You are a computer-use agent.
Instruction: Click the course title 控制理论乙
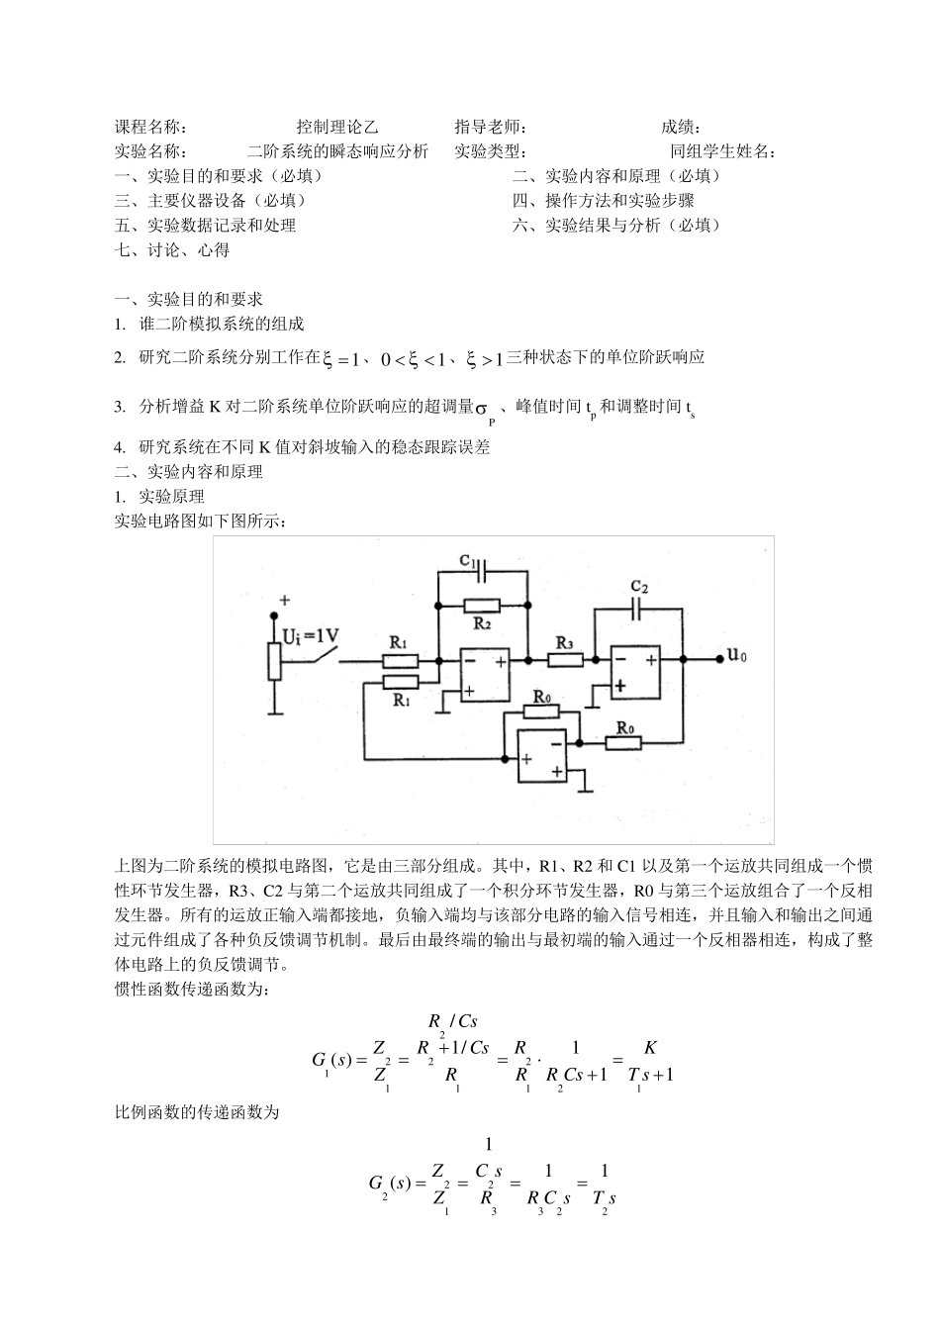(336, 127)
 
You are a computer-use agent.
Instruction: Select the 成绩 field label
(681, 127)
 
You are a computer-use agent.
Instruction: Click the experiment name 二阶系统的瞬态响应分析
(337, 151)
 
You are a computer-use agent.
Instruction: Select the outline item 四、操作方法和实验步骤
(603, 201)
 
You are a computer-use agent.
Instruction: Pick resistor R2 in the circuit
(482, 606)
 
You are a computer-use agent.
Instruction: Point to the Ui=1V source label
(312, 636)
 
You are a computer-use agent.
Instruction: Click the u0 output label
(737, 654)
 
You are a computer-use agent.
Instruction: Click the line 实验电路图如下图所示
(202, 522)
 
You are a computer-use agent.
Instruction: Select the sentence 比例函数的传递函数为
(198, 1113)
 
